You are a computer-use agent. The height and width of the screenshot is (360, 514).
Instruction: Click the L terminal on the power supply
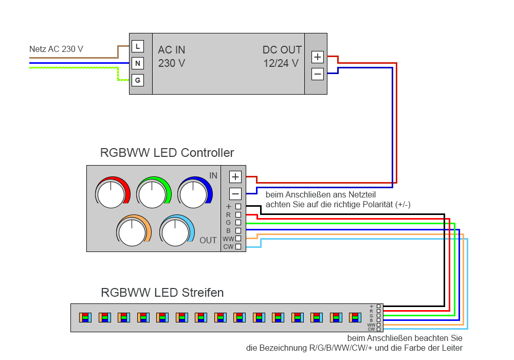tap(138, 46)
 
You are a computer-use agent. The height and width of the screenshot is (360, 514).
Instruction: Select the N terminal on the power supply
tap(138, 63)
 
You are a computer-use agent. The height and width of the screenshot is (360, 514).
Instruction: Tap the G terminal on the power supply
tap(138, 80)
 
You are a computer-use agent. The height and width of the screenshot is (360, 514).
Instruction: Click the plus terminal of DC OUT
tap(318, 57)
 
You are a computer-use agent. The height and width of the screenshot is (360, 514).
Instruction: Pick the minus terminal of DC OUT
tap(318, 74)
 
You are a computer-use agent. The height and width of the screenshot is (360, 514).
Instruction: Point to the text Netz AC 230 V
tap(57, 49)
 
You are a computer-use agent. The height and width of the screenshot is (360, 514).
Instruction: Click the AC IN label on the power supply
tap(172, 50)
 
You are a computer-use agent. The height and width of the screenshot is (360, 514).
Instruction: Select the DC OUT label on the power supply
tap(282, 50)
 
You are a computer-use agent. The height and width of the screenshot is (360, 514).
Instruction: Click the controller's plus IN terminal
tap(235, 177)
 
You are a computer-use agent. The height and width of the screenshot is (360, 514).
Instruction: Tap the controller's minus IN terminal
tap(235, 194)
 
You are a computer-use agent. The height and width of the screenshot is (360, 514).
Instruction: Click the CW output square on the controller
tap(238, 247)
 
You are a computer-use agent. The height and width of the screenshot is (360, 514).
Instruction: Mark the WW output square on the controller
tap(238, 239)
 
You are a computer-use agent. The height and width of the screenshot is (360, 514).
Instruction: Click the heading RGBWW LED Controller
tap(167, 153)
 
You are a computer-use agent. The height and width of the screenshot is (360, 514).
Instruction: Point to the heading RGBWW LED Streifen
tap(162, 293)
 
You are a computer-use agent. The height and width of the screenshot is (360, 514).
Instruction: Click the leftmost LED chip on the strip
tap(85, 317)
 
